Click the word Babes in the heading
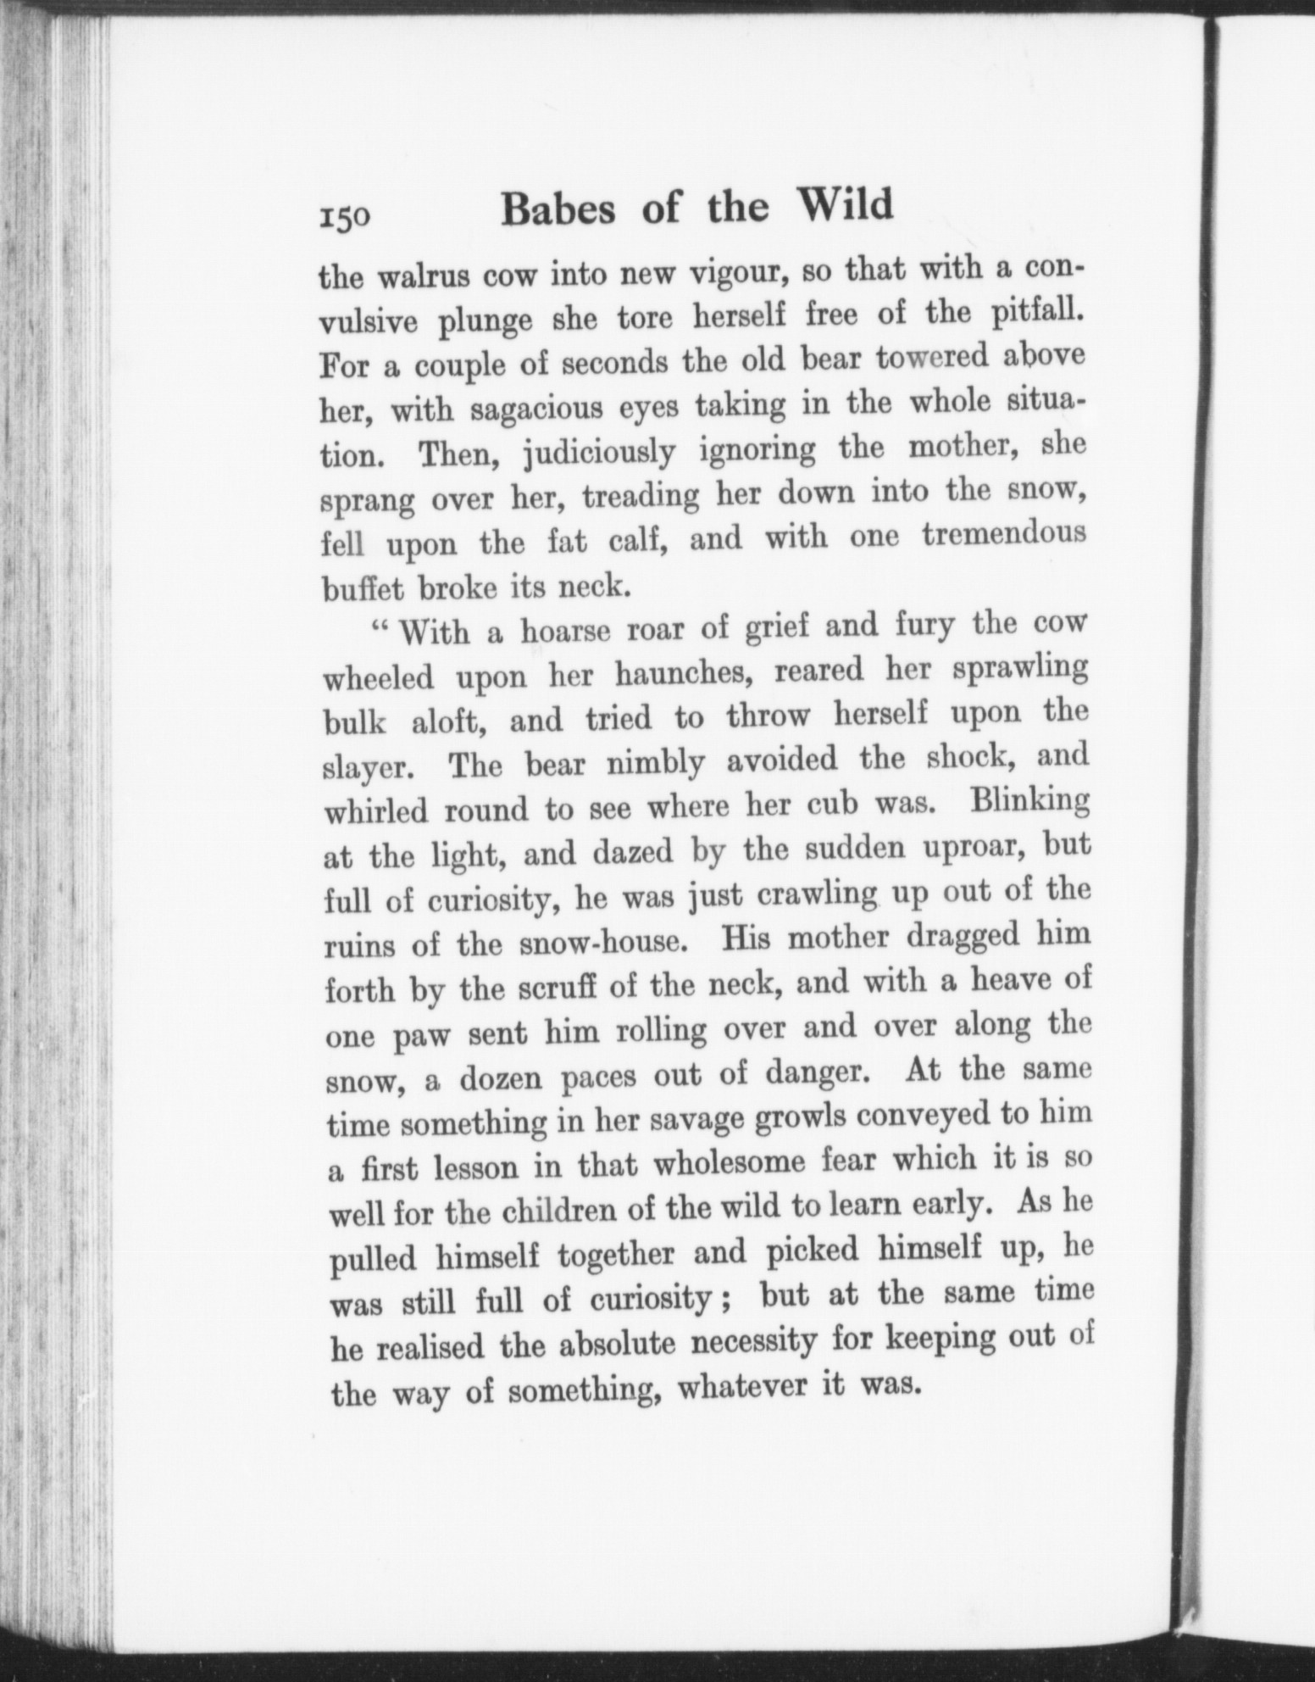(558, 209)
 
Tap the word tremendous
(1003, 535)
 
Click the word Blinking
(1029, 802)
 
